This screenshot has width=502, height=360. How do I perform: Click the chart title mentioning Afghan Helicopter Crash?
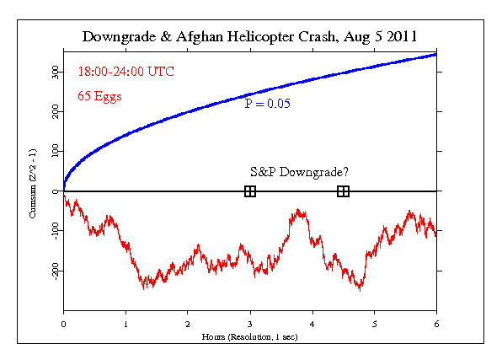[x=250, y=38]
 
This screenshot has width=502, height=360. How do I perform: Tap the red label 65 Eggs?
[x=99, y=95]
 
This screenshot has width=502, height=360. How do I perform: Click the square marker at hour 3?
[x=250, y=191]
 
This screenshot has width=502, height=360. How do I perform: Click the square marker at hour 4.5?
[x=344, y=191]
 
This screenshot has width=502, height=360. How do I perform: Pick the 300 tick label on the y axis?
[x=53, y=73]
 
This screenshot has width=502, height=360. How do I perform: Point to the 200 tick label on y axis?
[x=53, y=112]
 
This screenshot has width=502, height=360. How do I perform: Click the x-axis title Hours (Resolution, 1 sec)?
[x=250, y=336]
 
